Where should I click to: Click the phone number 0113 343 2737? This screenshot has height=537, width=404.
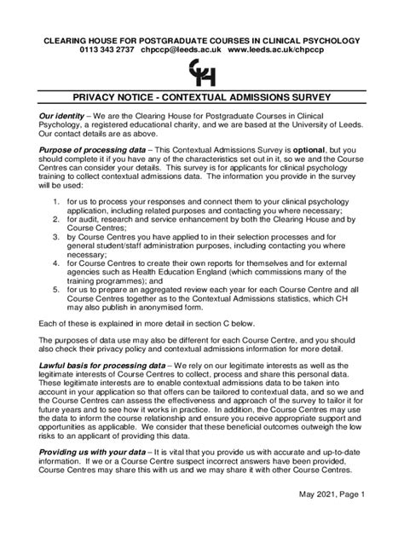click(x=103, y=50)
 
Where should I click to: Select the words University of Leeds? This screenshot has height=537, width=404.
click(x=332, y=125)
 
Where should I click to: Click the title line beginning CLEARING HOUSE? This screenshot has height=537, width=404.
click(x=202, y=40)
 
